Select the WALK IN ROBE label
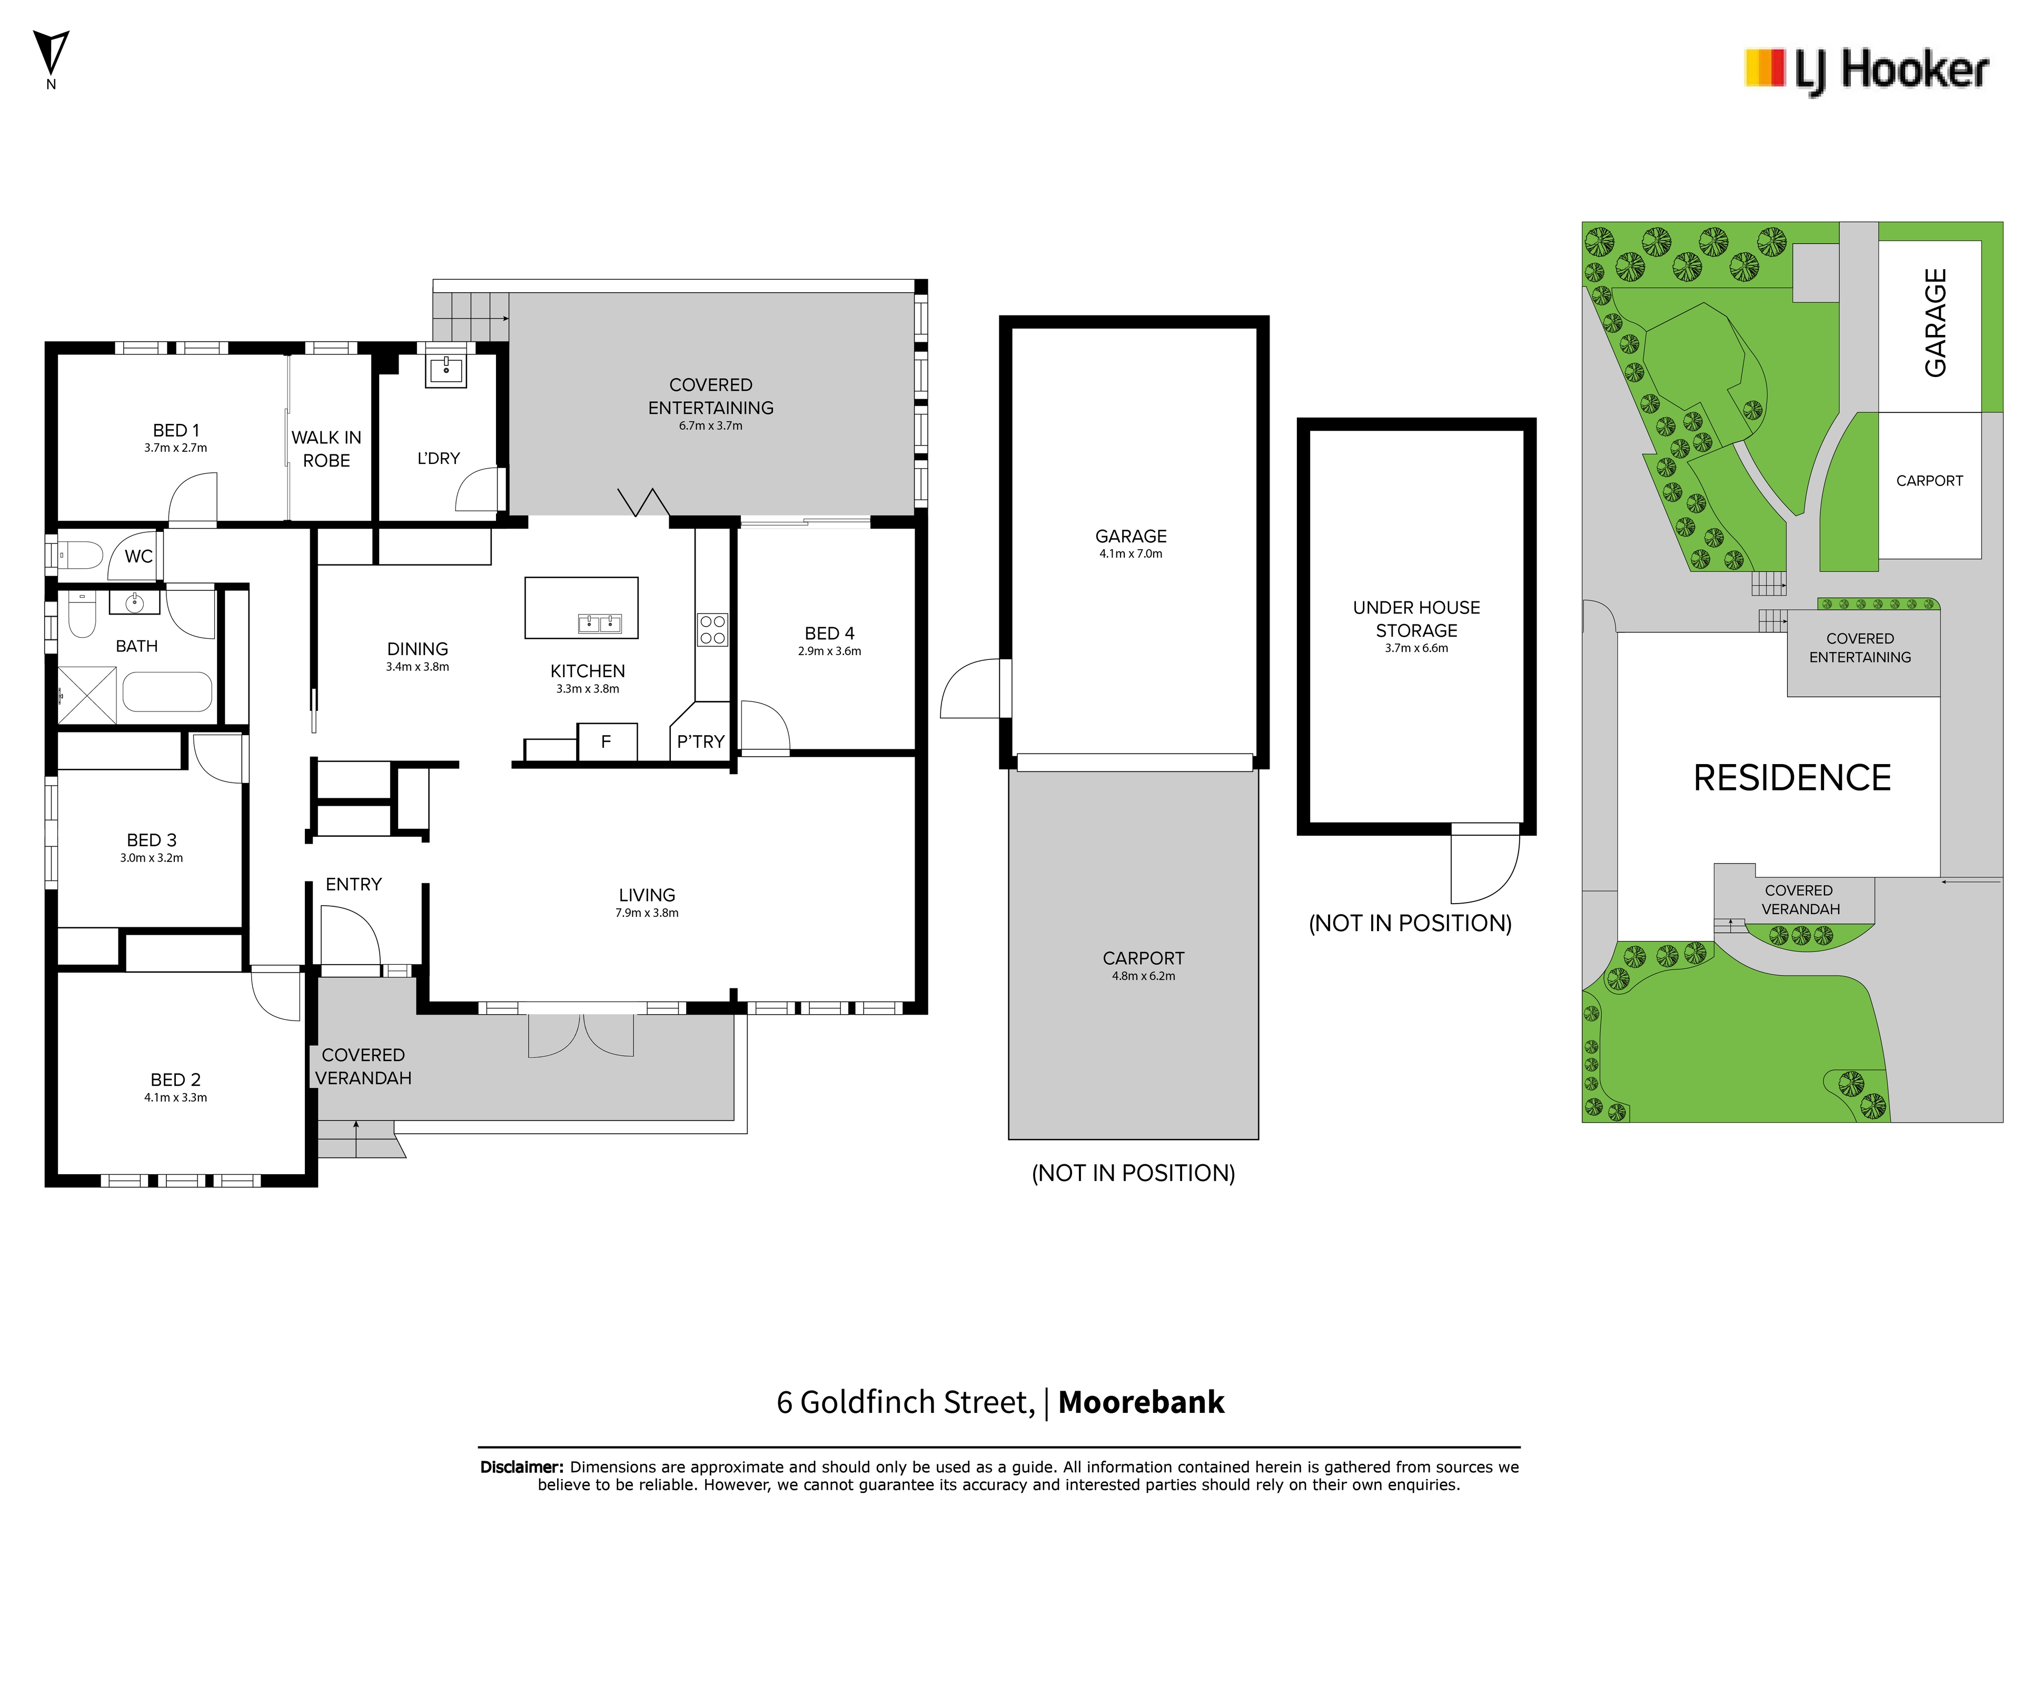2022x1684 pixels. tap(326, 449)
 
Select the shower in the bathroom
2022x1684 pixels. tap(87, 694)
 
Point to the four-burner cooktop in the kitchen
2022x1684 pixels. tap(712, 630)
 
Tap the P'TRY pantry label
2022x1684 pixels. tap(700, 741)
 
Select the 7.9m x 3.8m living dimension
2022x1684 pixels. tap(647, 913)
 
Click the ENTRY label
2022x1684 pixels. tap(353, 884)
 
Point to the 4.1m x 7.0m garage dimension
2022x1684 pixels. tap(1132, 553)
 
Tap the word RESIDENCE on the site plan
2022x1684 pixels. tap(1792, 778)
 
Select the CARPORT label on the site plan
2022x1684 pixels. tap(1929, 480)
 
